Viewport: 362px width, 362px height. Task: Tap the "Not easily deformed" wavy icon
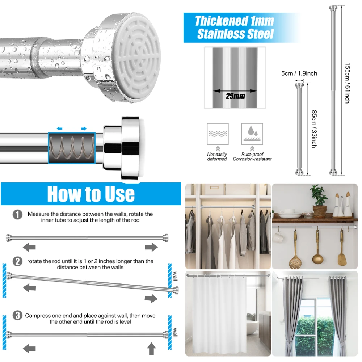pyautogui.click(x=218, y=134)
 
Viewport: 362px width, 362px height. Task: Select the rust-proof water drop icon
pyautogui.click(x=252, y=134)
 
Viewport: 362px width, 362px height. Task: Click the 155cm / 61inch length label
pyautogui.click(x=347, y=83)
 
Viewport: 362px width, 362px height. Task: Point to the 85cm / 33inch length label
pyautogui.click(x=313, y=129)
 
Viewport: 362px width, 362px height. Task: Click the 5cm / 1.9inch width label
pyautogui.click(x=299, y=73)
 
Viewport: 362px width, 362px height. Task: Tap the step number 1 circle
pyautogui.click(x=17, y=215)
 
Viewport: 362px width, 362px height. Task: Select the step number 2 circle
pyautogui.click(x=17, y=261)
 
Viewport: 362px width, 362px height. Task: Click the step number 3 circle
pyautogui.click(x=17, y=316)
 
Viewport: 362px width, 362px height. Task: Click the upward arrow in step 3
pyautogui.click(x=152, y=349)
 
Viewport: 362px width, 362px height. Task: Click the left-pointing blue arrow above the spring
pyautogui.click(x=59, y=129)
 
